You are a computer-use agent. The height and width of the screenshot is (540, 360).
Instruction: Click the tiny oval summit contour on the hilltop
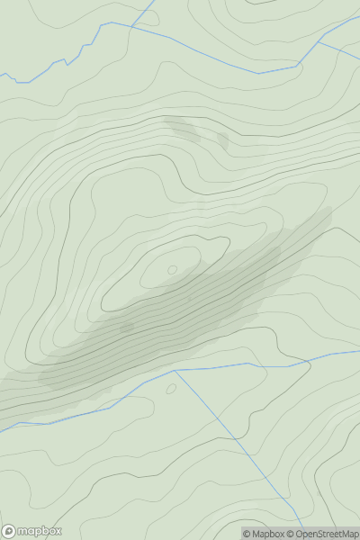[x=172, y=269]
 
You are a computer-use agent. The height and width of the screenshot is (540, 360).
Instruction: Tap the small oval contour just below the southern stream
[x=171, y=389]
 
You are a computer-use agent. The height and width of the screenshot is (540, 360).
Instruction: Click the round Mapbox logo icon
[x=9, y=531]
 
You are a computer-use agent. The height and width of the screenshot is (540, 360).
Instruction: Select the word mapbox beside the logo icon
[x=39, y=531]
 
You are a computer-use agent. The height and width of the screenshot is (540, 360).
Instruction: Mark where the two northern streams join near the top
[x=131, y=27]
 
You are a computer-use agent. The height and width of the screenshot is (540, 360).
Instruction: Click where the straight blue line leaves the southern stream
[x=174, y=371]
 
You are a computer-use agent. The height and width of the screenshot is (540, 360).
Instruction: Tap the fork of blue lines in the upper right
[x=320, y=41]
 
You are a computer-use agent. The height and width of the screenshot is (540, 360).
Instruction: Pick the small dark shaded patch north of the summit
[x=222, y=140]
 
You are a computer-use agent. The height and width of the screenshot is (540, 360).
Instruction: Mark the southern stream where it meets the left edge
[x=3, y=431]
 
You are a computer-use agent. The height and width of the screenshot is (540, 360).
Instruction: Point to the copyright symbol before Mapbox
[x=247, y=534]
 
